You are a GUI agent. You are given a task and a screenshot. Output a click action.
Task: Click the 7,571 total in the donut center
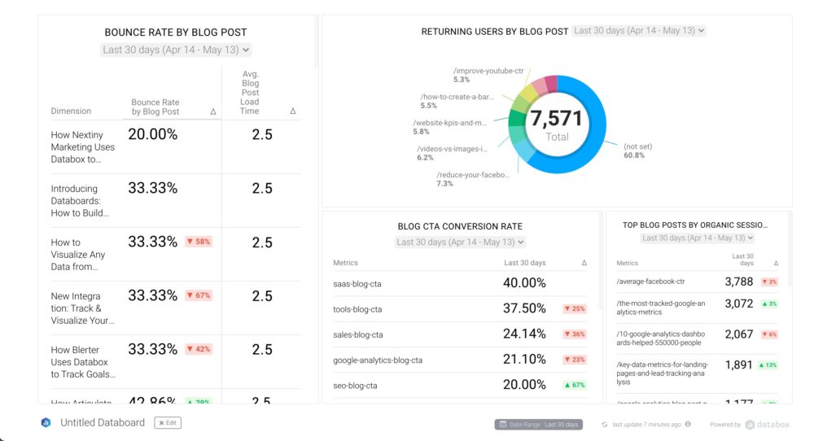(557, 120)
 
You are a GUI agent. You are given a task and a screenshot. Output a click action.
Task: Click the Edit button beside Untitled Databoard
(168, 423)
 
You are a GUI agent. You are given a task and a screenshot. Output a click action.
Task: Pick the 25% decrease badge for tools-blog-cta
(575, 309)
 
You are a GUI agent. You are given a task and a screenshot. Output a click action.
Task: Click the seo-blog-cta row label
(355, 386)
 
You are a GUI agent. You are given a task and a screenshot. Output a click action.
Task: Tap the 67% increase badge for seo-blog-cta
(575, 386)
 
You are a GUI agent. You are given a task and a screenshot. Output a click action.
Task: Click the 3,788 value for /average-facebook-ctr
(739, 282)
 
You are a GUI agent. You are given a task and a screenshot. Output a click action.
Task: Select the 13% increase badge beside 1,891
(769, 365)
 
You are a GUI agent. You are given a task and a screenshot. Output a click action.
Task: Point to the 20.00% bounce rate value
(152, 134)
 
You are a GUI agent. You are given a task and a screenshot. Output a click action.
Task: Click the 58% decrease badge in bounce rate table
(199, 242)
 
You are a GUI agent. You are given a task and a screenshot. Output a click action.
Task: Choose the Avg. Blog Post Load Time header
(251, 92)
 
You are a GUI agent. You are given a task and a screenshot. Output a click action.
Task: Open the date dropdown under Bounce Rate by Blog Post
(176, 50)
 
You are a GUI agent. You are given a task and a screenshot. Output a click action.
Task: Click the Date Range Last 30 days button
(538, 424)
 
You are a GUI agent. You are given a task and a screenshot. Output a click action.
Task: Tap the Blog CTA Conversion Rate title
(461, 226)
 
